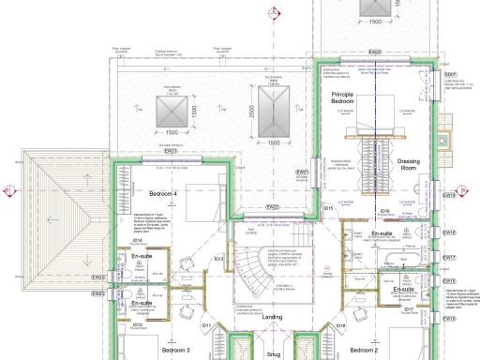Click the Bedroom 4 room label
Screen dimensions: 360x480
pyautogui.click(x=162, y=193)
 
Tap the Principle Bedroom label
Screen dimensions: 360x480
pyautogui.click(x=347, y=100)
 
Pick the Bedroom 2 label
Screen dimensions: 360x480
pyautogui.click(x=362, y=350)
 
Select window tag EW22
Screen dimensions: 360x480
pyautogui.click(x=272, y=206)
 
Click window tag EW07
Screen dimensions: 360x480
pyautogui.click(x=449, y=74)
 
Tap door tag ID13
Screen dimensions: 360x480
pyautogui.click(x=217, y=259)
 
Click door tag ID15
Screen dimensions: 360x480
pyautogui.click(x=328, y=207)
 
